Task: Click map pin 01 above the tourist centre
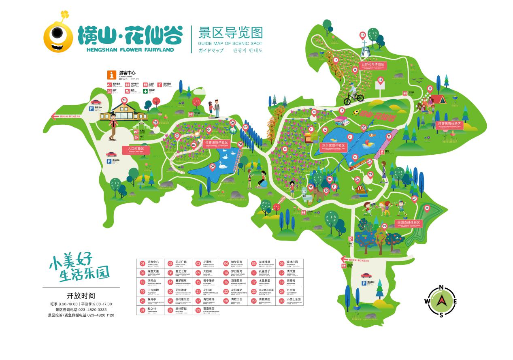124,100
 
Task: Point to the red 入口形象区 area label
136,149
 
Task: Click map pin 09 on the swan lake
212,166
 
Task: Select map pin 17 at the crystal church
362,35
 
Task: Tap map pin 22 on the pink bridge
389,136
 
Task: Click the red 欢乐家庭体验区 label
333,145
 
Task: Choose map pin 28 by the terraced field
427,208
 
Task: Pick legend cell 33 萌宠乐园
206,310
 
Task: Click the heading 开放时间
81,295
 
